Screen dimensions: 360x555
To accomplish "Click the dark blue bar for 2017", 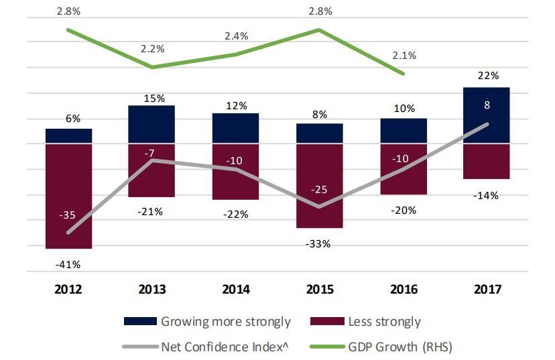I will [487, 115].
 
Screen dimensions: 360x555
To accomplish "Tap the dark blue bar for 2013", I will [152, 124].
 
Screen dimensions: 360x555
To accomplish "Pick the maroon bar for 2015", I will [320, 186].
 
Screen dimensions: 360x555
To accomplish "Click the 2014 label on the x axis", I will [235, 290].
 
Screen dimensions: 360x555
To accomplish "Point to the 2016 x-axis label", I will [403, 290].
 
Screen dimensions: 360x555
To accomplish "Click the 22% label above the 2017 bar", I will [488, 76].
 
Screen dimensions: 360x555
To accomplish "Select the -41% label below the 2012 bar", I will [69, 264].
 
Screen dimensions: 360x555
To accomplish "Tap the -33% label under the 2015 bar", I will [319, 244].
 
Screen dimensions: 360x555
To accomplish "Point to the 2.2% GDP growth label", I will [153, 49].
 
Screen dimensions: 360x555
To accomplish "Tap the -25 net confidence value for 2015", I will [320, 190].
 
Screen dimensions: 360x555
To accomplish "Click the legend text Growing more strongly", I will [225, 322].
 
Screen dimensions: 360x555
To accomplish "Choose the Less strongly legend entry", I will [384, 322].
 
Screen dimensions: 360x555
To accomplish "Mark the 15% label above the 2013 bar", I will [153, 99].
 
